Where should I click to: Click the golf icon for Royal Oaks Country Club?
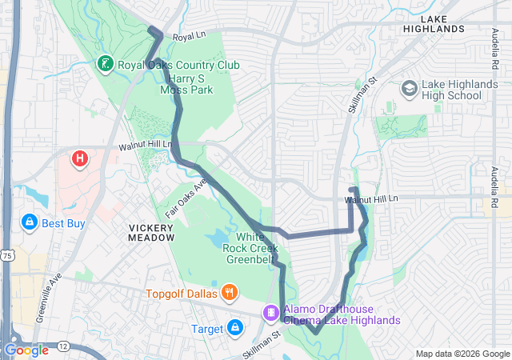(105, 63)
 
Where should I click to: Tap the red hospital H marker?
(79, 159)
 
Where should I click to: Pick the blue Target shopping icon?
(235, 327)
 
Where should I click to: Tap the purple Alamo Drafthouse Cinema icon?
(271, 311)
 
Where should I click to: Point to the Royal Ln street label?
(189, 37)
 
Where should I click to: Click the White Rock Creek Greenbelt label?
(256, 247)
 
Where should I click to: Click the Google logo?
(26, 350)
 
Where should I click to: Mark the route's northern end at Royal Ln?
(152, 30)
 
